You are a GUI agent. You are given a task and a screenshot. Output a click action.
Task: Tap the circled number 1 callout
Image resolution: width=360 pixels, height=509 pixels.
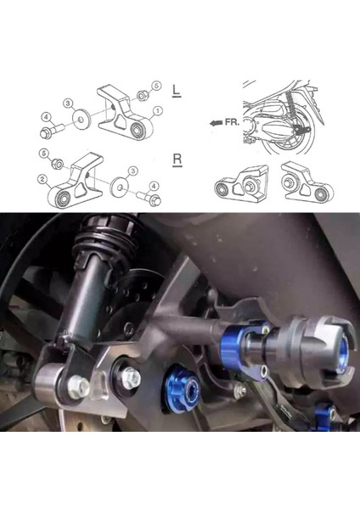coord(157,110)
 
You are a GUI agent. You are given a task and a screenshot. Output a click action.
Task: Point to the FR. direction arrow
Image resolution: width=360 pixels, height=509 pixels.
coord(220,122)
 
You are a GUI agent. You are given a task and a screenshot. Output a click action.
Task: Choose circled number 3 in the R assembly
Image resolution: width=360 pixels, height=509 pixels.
coord(121,171)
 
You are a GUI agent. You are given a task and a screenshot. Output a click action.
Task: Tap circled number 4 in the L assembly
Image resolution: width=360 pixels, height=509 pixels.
coord(45,115)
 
